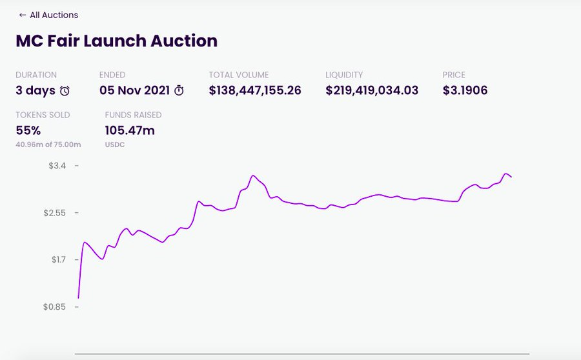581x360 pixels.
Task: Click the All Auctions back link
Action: tap(48, 15)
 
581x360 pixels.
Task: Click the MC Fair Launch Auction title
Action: tap(116, 41)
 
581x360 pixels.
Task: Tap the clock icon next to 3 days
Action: tap(65, 91)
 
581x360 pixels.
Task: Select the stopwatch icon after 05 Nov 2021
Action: tap(179, 91)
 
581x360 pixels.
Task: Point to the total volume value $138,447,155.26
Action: tap(255, 90)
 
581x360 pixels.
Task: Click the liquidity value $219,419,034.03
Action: tap(372, 90)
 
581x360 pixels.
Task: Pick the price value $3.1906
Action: tap(465, 90)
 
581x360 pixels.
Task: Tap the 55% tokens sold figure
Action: tap(28, 130)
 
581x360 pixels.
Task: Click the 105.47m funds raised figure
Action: tap(130, 130)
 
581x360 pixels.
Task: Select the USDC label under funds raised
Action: tap(114, 145)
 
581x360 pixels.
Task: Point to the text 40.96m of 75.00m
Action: tap(48, 145)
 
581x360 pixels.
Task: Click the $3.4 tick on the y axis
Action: tap(57, 166)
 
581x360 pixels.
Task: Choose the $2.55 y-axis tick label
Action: tap(54, 213)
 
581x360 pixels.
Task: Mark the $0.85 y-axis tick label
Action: tap(54, 307)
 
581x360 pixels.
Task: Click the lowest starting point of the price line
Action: tap(78, 298)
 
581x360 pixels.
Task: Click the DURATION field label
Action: tap(36, 75)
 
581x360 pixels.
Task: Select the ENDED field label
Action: tap(112, 75)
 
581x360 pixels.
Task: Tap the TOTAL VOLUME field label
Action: tap(239, 75)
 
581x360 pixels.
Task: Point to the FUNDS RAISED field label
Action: tap(133, 115)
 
